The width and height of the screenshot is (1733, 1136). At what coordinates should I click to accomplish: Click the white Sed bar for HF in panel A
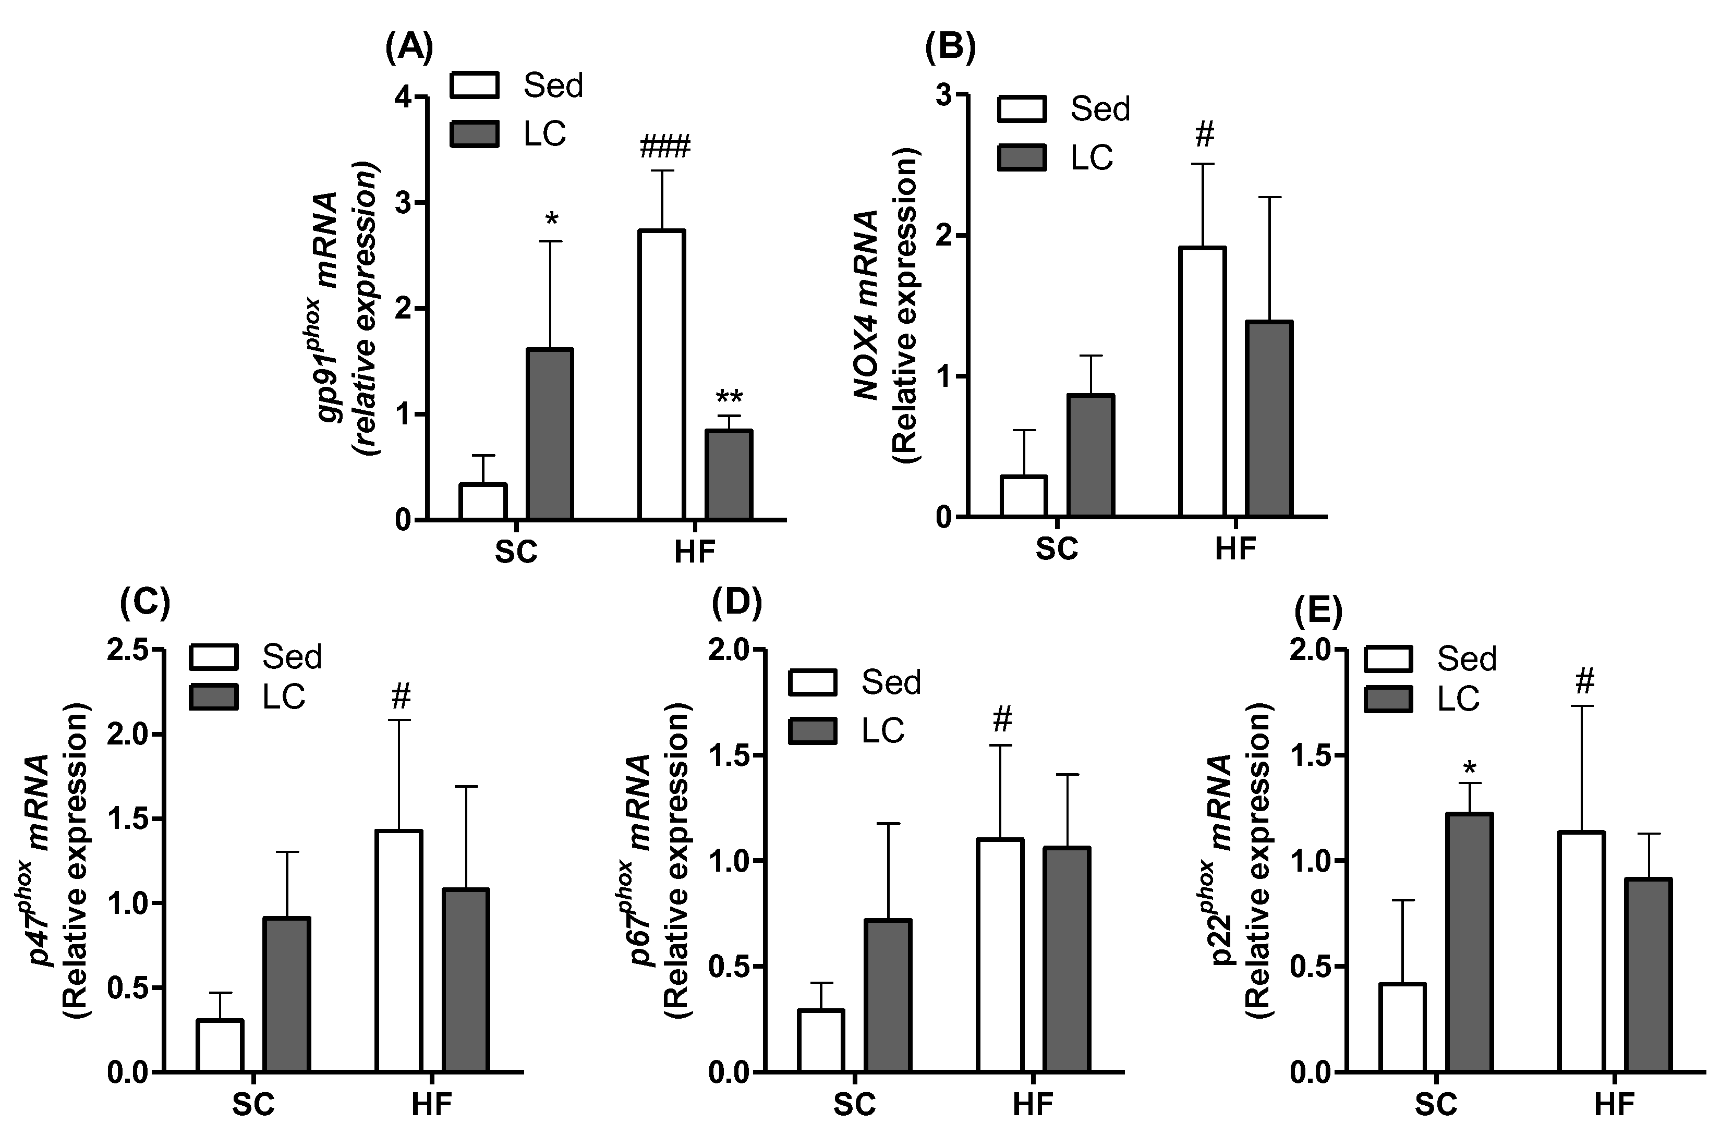pos(662,375)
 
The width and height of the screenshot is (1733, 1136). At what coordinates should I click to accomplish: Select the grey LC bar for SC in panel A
pos(550,434)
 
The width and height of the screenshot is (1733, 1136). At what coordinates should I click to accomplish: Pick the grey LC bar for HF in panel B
pos(1269,419)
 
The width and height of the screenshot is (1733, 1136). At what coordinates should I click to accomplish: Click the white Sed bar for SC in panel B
pos(1024,496)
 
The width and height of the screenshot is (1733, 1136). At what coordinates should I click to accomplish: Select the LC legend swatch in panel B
pos(1022,157)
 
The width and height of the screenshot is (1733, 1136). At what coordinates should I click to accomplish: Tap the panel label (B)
pos(950,48)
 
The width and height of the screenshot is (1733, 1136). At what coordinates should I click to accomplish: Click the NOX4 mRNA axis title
pos(867,306)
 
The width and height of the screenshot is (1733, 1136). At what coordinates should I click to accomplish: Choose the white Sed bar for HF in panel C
pos(399,950)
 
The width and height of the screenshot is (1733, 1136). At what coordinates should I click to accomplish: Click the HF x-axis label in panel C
pos(432,1105)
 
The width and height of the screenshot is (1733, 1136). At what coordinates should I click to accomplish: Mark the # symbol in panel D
pos(1002,720)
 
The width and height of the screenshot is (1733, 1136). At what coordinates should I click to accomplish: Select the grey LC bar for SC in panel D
pos(888,996)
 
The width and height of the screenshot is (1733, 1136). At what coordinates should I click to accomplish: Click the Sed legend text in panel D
pos(891,682)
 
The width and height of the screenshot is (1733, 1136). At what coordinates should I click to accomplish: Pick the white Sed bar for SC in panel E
pos(1402,1028)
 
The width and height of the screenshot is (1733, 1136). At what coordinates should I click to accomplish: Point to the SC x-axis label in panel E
pos(1436,1105)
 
